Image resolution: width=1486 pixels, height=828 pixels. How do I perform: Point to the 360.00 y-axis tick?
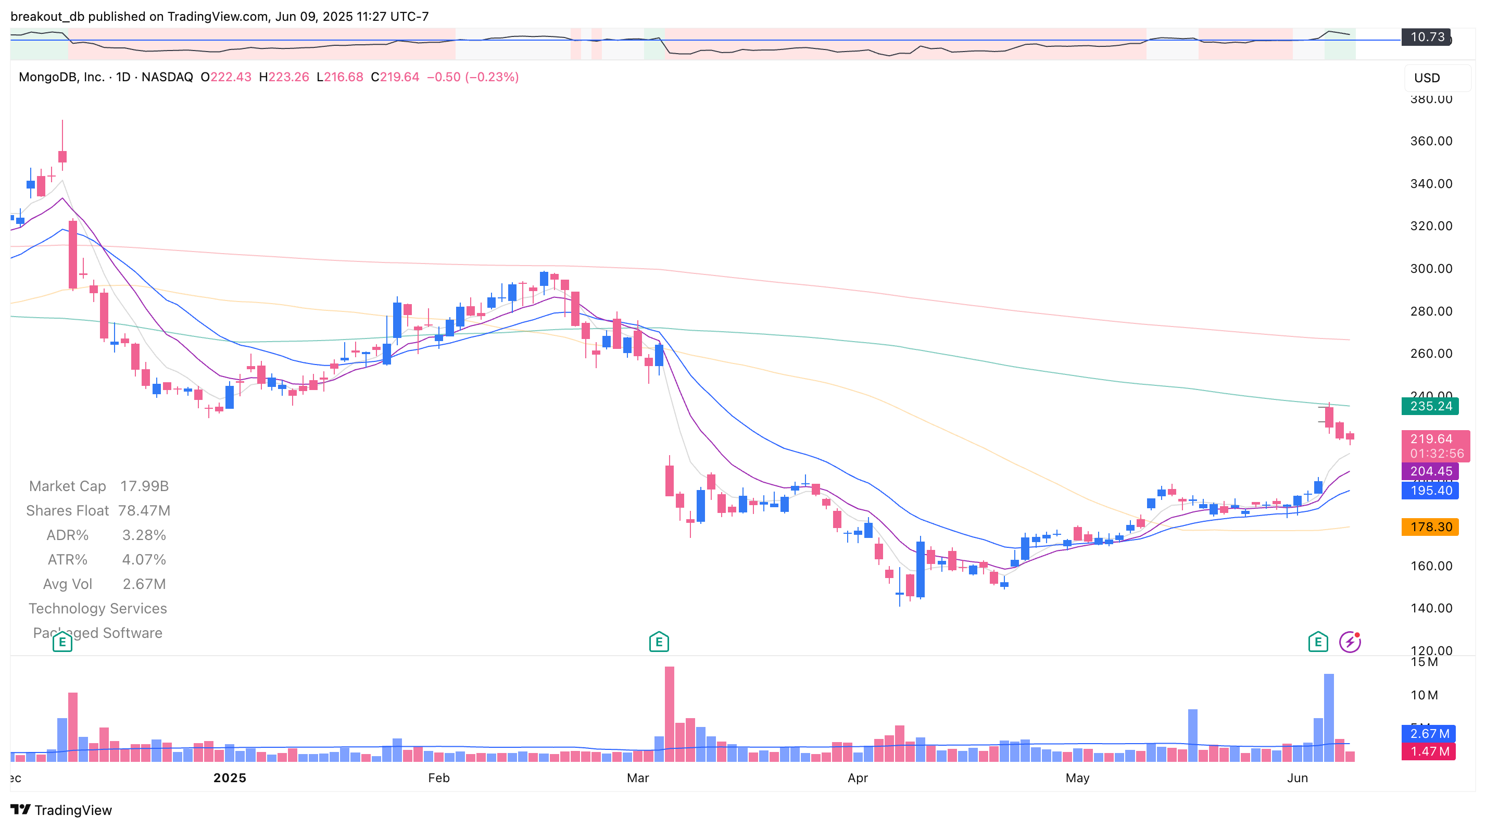[x=1431, y=141]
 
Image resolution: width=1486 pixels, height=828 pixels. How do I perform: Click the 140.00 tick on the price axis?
[x=1431, y=608]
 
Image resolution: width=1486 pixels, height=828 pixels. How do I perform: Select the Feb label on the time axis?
[x=438, y=778]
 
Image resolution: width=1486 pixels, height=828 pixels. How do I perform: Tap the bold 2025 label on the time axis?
[x=230, y=778]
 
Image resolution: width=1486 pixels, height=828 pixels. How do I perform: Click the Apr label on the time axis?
[x=857, y=778]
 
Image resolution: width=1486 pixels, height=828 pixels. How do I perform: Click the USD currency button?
[x=1427, y=78]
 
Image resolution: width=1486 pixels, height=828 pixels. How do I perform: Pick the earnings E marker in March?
[x=658, y=642]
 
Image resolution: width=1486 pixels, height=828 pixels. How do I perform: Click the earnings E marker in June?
[x=1317, y=642]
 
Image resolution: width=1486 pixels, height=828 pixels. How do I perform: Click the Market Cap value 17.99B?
[x=144, y=486]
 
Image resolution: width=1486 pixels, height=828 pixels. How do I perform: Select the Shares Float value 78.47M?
[x=144, y=511]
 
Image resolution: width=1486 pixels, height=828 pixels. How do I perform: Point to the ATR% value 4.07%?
[x=144, y=560]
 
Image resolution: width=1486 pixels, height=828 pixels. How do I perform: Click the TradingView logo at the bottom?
[x=61, y=810]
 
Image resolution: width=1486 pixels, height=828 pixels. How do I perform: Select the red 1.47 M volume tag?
[x=1428, y=751]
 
